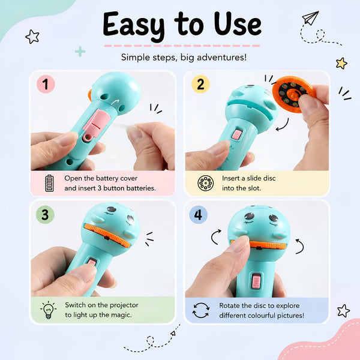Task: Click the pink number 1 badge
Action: coord(46,84)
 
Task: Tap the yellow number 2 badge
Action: coord(200,84)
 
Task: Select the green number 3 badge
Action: coord(45,215)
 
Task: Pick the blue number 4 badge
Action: coord(199,215)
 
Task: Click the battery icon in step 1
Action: coord(49,183)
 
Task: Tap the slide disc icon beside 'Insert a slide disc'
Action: coord(205,183)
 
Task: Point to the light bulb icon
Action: coord(48,310)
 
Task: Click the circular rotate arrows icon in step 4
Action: coord(201,310)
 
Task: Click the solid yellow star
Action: coord(341,63)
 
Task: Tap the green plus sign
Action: coord(80,51)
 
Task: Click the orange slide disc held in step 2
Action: coord(293,94)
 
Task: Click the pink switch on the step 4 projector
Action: coord(256,281)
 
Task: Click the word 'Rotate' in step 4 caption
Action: coord(229,305)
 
